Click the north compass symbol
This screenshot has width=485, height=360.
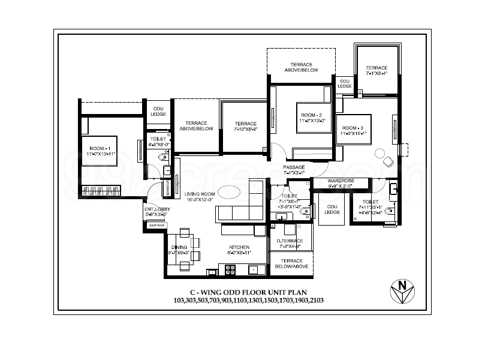[401, 292]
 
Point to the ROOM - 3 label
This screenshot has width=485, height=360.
[353, 128]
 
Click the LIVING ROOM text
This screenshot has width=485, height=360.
[200, 194]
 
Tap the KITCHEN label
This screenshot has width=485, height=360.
[239, 247]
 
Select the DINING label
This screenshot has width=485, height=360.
[179, 247]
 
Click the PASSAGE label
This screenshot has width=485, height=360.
[294, 167]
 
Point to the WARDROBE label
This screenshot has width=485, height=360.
[341, 181]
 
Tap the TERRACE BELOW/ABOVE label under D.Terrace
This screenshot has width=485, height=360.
[291, 263]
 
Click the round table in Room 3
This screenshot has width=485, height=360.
[381, 154]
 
